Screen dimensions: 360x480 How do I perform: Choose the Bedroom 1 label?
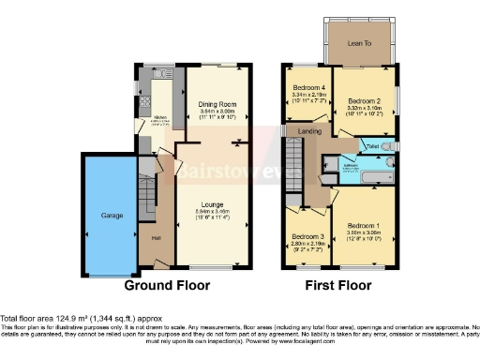point(363,226)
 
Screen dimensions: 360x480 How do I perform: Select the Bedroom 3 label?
point(307,236)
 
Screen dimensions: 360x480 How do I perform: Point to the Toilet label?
point(372,147)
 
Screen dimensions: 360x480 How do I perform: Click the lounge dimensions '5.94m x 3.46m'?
point(215,212)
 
